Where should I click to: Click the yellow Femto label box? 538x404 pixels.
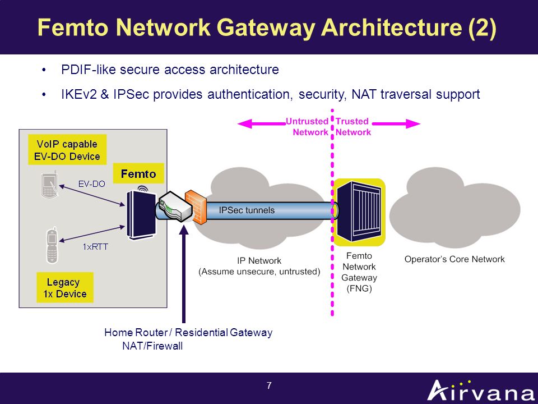pos(138,173)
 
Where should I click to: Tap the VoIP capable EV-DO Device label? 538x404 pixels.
pos(67,150)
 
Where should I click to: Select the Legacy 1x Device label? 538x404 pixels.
pos(65,287)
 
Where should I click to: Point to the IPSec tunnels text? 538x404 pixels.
pos(247,210)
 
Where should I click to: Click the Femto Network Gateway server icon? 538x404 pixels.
pos(359,212)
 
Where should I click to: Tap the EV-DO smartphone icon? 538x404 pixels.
pos(49,186)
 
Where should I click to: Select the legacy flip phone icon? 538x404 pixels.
pos(52,245)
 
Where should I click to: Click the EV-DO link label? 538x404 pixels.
pos(91,184)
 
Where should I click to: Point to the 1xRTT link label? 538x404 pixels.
pos(95,247)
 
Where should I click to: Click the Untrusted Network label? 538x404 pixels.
pos(307,127)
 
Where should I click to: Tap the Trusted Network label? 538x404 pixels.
pos(353,127)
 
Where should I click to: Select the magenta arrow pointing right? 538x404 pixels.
pos(396,123)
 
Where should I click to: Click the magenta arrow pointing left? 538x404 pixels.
pos(262,123)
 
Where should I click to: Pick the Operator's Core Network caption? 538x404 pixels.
pos(454,259)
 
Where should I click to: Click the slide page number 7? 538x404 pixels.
pos(269,385)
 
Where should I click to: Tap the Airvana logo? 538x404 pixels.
pos(481,391)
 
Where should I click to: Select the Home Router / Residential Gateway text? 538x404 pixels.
pos(188,333)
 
